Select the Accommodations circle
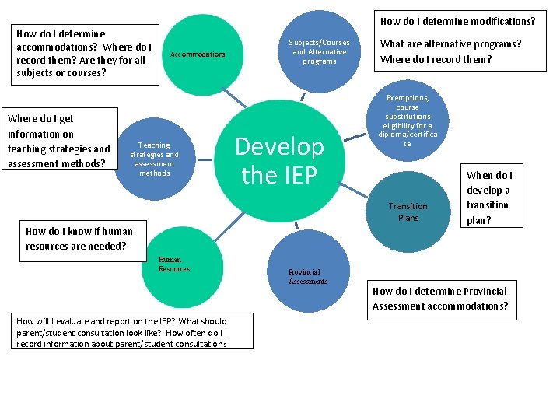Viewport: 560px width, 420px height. click(198, 54)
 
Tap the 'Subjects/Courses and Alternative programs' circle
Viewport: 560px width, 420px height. click(319, 51)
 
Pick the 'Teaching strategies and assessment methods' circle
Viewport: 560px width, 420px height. click(154, 159)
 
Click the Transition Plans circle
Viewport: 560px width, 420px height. click(408, 212)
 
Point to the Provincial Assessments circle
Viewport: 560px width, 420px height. click(307, 276)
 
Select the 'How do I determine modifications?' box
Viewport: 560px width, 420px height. click(457, 22)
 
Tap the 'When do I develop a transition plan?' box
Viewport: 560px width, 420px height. click(489, 198)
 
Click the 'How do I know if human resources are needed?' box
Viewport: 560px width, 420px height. click(76, 239)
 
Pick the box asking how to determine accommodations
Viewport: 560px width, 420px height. click(83, 54)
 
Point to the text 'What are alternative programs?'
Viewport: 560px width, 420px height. click(450, 44)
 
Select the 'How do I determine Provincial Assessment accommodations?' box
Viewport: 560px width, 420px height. click(440, 299)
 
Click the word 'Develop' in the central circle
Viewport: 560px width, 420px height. click(279, 146)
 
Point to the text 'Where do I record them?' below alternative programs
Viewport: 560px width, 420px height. click(436, 59)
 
